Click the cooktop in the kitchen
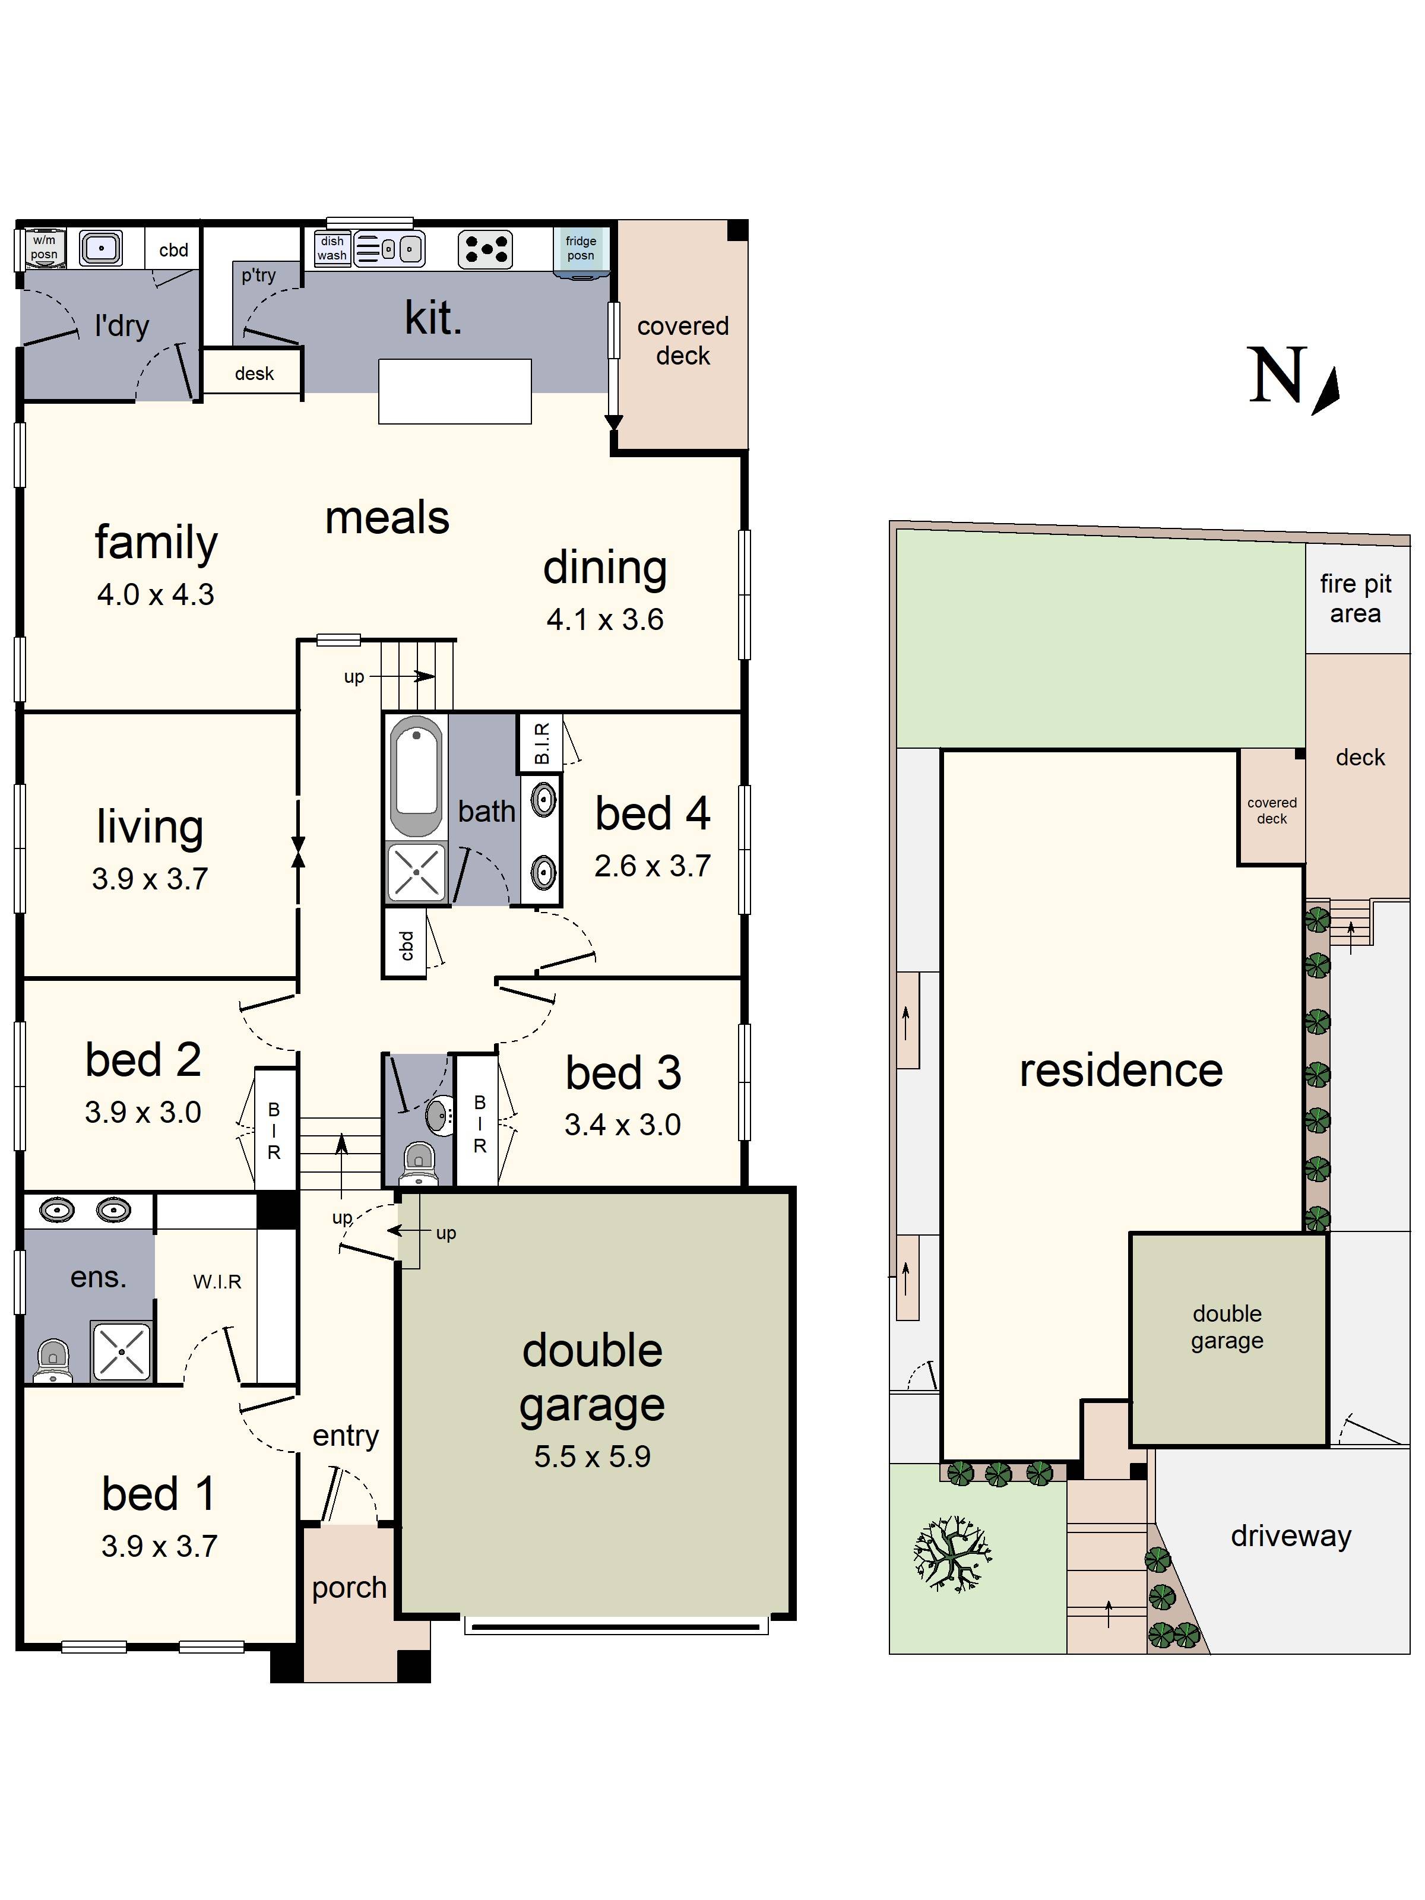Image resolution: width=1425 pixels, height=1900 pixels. pyautogui.click(x=485, y=249)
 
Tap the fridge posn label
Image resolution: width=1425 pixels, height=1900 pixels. pyautogui.click(x=581, y=248)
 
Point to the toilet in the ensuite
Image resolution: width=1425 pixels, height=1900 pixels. pyautogui.click(x=53, y=1360)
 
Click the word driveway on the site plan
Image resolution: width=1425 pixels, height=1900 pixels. pyautogui.click(x=1290, y=1536)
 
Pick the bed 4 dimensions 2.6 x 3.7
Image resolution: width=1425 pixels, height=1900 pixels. pyautogui.click(x=652, y=866)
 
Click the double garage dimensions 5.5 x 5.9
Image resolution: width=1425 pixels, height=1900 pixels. pyautogui.click(x=592, y=1456)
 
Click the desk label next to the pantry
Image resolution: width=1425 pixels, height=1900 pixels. pyautogui.click(x=254, y=373)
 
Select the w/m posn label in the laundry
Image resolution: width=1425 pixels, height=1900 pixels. pyautogui.click(x=44, y=248)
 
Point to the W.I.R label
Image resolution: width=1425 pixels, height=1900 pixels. pyautogui.click(x=217, y=1281)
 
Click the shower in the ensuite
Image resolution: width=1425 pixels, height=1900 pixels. pyautogui.click(x=121, y=1352)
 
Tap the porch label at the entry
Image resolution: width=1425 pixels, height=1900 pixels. pyautogui.click(x=349, y=1587)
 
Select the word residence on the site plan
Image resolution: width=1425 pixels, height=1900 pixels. pyautogui.click(x=1120, y=1071)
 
